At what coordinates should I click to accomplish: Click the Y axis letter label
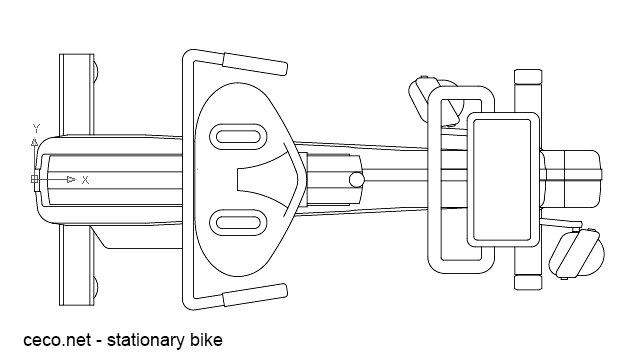[x=36, y=129]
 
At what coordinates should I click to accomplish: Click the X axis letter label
[x=85, y=180]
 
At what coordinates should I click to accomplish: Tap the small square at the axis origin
[x=36, y=180]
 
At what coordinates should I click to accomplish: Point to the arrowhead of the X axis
[x=70, y=180]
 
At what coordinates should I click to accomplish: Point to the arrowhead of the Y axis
[x=36, y=143]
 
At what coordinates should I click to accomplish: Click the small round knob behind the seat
[x=355, y=180]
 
